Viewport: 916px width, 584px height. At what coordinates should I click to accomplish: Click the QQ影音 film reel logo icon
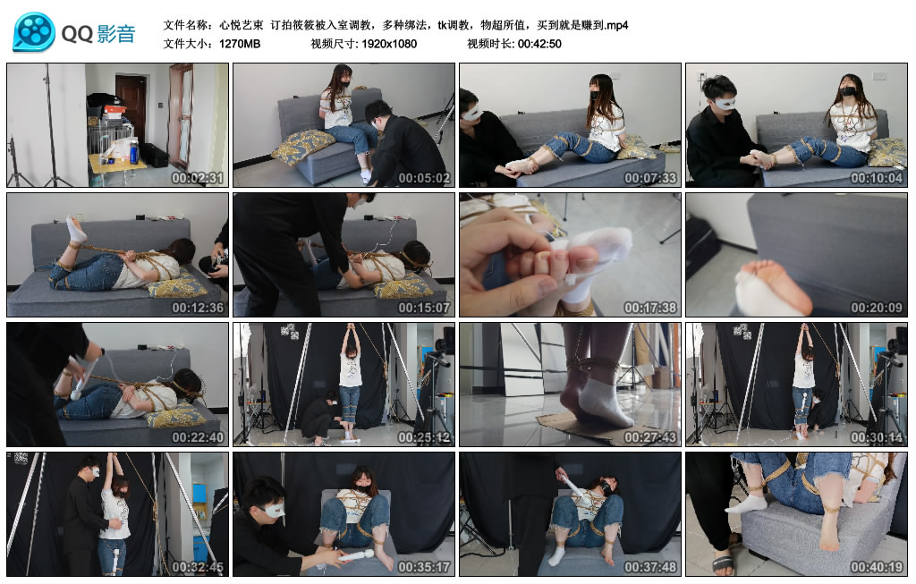(34, 32)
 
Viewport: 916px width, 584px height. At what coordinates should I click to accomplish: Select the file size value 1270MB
(240, 43)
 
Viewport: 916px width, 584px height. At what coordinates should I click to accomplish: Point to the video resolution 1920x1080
(389, 43)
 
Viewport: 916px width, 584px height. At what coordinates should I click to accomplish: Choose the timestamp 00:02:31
(198, 178)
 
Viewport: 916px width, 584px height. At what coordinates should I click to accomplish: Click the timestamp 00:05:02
(424, 178)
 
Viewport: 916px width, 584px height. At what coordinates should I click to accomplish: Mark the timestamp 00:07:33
(650, 178)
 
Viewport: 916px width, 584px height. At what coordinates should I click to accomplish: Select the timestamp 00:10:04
(877, 178)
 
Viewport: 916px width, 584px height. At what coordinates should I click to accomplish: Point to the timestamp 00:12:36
(198, 308)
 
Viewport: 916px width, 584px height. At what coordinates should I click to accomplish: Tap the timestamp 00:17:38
(650, 308)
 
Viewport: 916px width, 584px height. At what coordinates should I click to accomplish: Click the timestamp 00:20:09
(877, 308)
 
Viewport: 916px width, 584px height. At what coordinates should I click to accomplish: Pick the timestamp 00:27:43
(650, 437)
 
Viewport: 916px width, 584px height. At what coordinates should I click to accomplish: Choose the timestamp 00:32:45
(198, 567)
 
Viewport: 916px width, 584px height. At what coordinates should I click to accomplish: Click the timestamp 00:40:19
(877, 567)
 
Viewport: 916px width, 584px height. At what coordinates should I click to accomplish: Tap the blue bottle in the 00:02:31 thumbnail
(134, 153)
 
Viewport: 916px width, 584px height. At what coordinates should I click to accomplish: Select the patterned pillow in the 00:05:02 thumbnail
(303, 148)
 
